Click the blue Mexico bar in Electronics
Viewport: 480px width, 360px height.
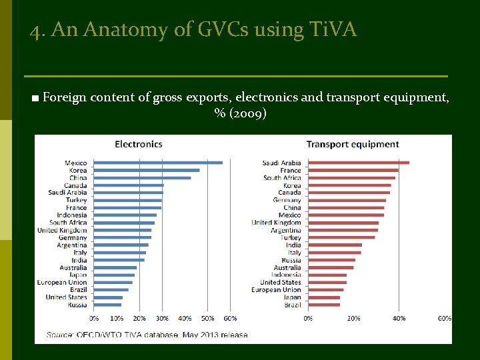[158, 163]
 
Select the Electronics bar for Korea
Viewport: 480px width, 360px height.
[147, 170]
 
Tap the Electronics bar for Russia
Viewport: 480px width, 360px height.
[107, 305]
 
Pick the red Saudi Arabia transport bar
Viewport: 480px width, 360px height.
[358, 163]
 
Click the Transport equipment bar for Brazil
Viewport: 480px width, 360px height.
[323, 305]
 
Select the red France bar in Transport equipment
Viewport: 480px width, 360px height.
[353, 170]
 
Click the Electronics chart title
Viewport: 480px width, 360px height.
[139, 144]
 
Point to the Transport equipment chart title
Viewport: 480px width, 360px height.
[352, 144]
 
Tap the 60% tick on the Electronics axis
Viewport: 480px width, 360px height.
[230, 319]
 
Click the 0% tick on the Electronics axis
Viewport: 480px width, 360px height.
[94, 319]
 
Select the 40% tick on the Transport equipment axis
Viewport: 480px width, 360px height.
[399, 319]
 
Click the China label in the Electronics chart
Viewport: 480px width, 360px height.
[78, 178]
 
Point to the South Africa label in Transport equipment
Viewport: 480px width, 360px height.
[282, 178]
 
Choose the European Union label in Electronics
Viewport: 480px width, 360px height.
[62, 283]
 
